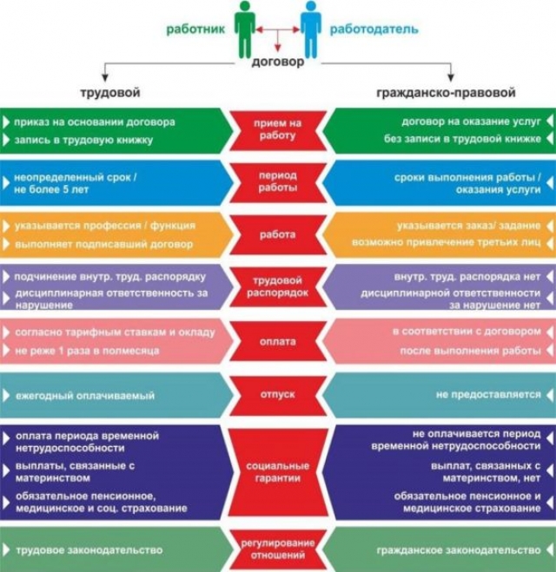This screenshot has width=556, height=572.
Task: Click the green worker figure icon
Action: tap(245, 30)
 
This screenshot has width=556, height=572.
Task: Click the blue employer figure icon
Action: tap(311, 30)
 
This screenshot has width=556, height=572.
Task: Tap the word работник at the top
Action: tap(195, 30)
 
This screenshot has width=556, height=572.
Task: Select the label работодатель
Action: tap(374, 30)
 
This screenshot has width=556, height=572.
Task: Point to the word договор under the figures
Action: tap(278, 62)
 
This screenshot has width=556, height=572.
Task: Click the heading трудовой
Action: tap(110, 92)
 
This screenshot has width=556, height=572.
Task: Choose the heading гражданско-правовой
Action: tap(446, 93)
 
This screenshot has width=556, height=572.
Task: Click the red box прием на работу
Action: tap(278, 130)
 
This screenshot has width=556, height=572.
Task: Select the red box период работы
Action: tap(278, 182)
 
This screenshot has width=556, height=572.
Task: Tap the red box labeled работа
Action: tap(278, 234)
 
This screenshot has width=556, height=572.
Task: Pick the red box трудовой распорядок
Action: tap(278, 286)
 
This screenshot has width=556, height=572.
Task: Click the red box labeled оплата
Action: tap(278, 341)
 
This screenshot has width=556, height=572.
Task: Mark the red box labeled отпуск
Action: tap(278, 395)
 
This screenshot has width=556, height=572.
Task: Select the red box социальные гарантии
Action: tap(278, 472)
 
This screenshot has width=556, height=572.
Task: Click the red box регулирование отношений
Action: tap(278, 549)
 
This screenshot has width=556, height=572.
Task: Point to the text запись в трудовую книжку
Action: tap(83, 140)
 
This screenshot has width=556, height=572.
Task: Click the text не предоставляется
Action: tap(488, 395)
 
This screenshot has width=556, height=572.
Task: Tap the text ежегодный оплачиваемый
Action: tap(85, 396)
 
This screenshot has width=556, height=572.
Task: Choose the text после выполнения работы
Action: tap(471, 351)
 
